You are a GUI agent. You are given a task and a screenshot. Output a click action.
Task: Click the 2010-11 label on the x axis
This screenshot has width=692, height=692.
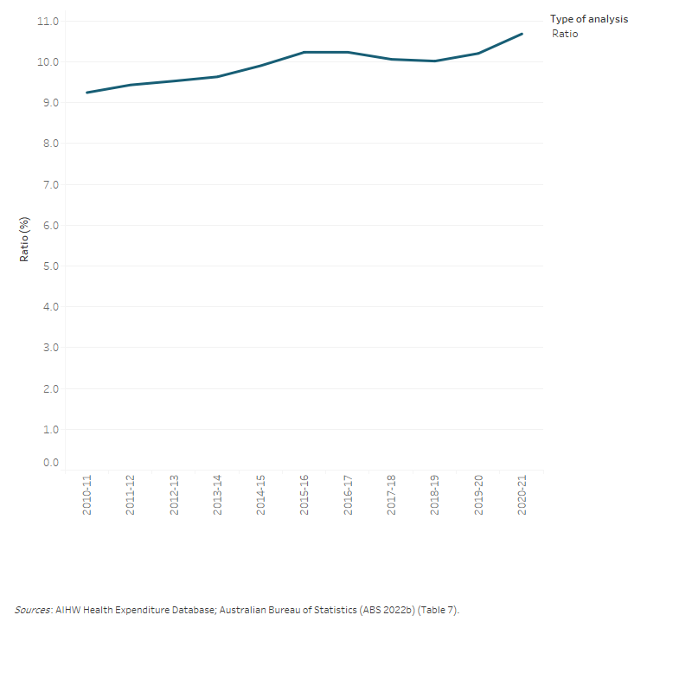point(87,496)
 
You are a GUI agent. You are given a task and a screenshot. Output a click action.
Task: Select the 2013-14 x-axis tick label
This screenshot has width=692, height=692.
point(217,496)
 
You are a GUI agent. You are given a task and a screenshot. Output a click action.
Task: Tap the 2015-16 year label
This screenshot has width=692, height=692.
point(304,496)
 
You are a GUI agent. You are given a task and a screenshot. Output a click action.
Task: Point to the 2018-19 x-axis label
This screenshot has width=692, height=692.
point(435,496)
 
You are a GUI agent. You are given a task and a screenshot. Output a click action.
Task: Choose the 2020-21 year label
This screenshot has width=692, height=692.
point(522,496)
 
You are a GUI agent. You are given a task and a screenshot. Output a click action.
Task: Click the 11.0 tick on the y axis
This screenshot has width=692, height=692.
point(46,21)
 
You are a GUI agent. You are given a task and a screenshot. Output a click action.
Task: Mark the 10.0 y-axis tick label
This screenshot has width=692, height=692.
point(46,62)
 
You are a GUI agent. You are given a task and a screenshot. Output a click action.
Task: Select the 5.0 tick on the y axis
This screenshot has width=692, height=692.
point(48,266)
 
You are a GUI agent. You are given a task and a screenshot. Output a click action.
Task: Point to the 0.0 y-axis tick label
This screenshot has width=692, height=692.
point(48,463)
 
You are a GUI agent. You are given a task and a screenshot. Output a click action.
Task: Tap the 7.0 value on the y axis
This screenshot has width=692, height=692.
point(48,185)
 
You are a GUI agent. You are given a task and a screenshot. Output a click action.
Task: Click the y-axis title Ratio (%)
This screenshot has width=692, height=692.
point(25,239)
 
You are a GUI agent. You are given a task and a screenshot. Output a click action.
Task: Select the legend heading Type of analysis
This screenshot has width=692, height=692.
point(589,19)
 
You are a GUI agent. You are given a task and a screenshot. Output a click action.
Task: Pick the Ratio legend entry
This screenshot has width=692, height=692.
point(565,34)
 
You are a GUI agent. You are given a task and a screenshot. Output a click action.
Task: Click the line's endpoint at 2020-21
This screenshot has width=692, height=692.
point(522,34)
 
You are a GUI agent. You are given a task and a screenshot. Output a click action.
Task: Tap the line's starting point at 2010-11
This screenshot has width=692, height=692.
point(87,93)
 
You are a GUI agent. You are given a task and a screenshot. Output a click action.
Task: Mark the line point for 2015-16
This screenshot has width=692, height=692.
point(304,52)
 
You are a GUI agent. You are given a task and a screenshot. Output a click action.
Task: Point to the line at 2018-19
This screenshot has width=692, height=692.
point(435,61)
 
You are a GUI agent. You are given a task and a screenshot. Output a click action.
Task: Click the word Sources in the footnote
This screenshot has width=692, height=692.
point(33,611)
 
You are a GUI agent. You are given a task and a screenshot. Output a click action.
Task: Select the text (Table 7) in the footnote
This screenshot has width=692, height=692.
point(439,611)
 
